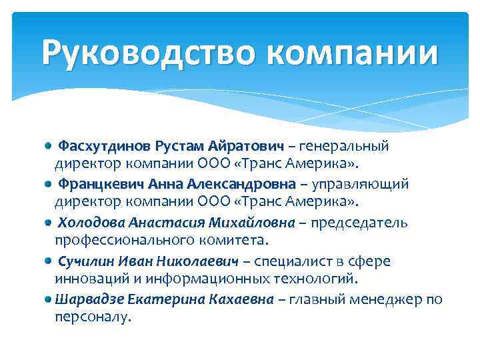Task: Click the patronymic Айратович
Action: (x=246, y=145)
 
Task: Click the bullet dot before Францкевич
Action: (x=49, y=183)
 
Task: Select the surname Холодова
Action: (x=90, y=222)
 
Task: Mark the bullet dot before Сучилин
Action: (x=49, y=261)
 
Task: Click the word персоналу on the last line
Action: (x=93, y=315)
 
